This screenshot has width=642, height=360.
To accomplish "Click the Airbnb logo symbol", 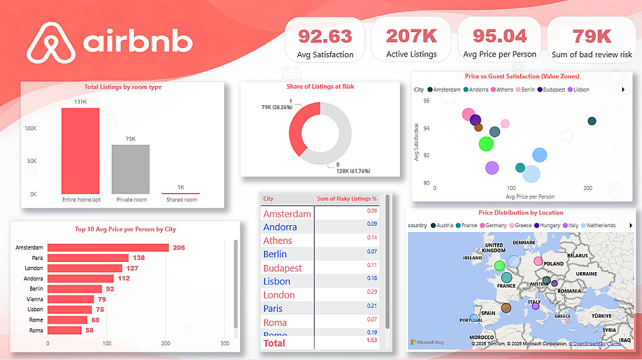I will (49, 43).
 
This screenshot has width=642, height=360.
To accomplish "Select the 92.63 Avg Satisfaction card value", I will (325, 36).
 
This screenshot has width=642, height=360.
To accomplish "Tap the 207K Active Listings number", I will (412, 36).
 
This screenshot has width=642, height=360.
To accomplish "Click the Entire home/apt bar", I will (80, 151).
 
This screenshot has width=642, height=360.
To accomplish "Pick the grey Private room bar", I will (130, 169).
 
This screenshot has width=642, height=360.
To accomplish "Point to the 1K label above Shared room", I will (181, 187).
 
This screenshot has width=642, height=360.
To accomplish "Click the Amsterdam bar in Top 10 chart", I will (108, 248).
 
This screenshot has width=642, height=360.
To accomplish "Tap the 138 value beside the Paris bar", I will (139, 258).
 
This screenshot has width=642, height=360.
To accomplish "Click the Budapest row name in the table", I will (282, 268).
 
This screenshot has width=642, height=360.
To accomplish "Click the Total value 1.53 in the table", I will (372, 340).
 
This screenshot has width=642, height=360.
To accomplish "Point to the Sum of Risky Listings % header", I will (347, 199).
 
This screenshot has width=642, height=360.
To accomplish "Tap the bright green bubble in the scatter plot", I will (487, 144).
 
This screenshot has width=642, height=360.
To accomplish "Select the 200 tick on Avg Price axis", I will (587, 189).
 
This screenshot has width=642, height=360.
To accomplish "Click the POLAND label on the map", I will (553, 264).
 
